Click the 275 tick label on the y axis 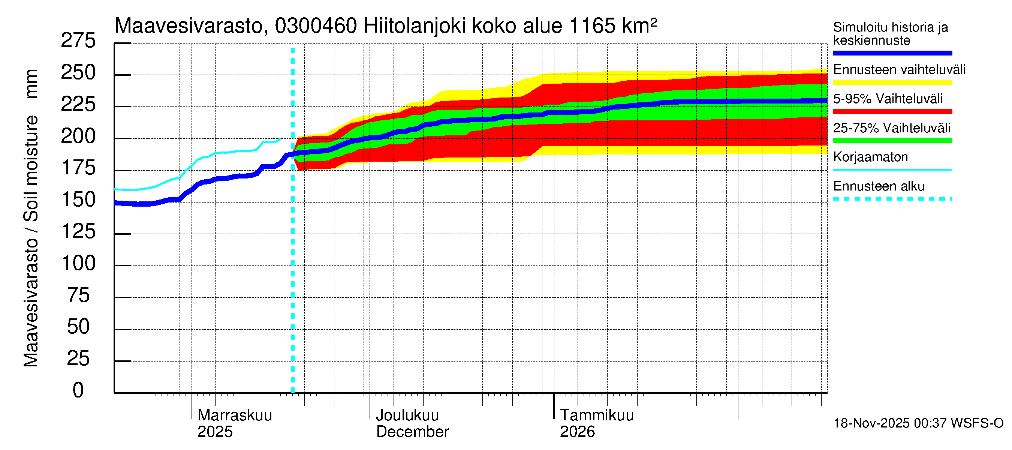coord(78,41)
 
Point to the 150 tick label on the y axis coord(79,199)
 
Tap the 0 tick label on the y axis coord(78,390)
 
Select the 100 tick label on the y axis coord(79,263)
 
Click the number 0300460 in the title coord(316,26)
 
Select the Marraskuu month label coord(235,415)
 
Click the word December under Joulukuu coord(412,432)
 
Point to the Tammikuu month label coord(596,415)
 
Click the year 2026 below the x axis coord(577,432)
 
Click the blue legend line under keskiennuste coord(892,53)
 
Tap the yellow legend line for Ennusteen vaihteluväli coord(892,82)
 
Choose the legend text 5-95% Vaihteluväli coord(888,99)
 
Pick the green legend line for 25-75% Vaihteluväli coord(892,141)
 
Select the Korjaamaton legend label coord(870,157)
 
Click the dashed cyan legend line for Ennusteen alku coord(892,199)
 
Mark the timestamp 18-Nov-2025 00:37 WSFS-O coord(918,423)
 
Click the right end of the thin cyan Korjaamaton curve coord(280,139)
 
